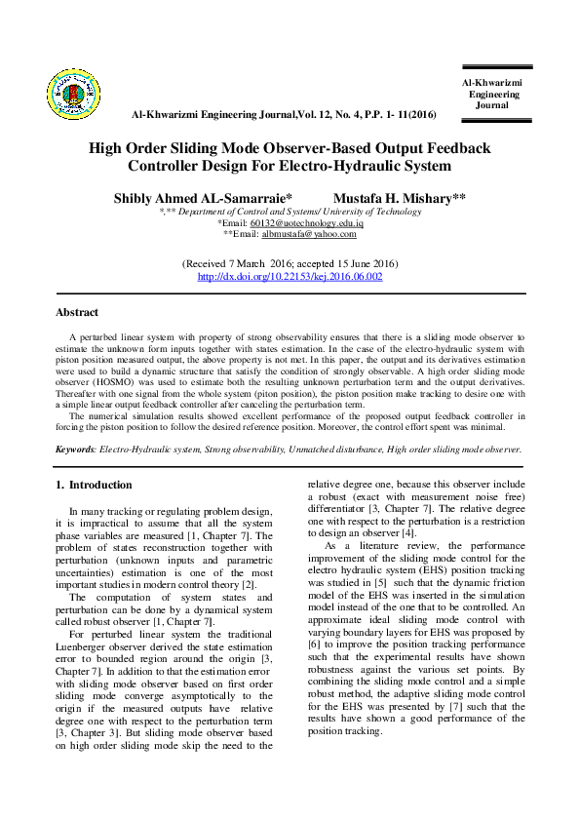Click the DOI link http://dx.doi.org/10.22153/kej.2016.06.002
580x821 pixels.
(x=290, y=277)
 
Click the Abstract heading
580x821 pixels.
(x=77, y=312)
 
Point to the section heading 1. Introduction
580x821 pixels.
(x=94, y=485)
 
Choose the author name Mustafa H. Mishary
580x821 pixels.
(x=400, y=197)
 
